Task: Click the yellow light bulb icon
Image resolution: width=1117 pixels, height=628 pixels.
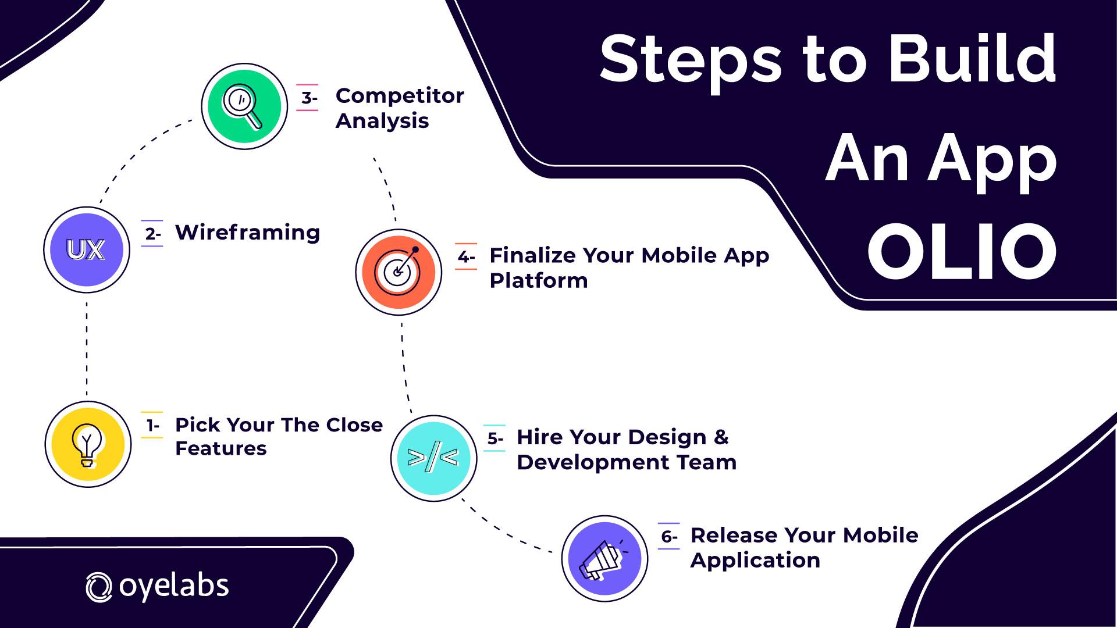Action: point(88,444)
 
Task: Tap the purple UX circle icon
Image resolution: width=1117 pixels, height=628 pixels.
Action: point(87,249)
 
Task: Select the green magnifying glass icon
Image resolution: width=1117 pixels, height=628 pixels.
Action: point(244,106)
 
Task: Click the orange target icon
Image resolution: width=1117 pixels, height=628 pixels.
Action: point(399,272)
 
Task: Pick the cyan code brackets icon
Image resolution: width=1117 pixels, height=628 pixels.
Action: point(433,458)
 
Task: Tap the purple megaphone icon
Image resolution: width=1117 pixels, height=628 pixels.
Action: point(604,558)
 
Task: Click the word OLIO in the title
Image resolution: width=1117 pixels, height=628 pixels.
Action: point(962,251)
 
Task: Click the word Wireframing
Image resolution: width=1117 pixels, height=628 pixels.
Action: point(248,233)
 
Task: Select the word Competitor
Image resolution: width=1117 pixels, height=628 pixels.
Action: point(400,95)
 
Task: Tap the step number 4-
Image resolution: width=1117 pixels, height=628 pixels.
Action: point(467,256)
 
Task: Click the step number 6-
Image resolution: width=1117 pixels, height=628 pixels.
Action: point(670,537)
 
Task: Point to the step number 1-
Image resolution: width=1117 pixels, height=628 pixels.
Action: point(153,426)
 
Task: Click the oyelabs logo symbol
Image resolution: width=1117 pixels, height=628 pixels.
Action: point(98,587)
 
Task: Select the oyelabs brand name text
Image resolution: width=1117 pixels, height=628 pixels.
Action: point(174,586)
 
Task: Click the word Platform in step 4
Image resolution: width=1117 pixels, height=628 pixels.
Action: point(539,281)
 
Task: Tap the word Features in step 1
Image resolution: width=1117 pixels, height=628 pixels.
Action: point(221,448)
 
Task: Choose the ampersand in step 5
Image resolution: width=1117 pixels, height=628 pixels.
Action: point(721,437)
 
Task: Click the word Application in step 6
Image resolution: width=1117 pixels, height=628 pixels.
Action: point(755,561)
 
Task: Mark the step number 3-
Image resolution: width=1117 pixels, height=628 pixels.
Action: point(309,98)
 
